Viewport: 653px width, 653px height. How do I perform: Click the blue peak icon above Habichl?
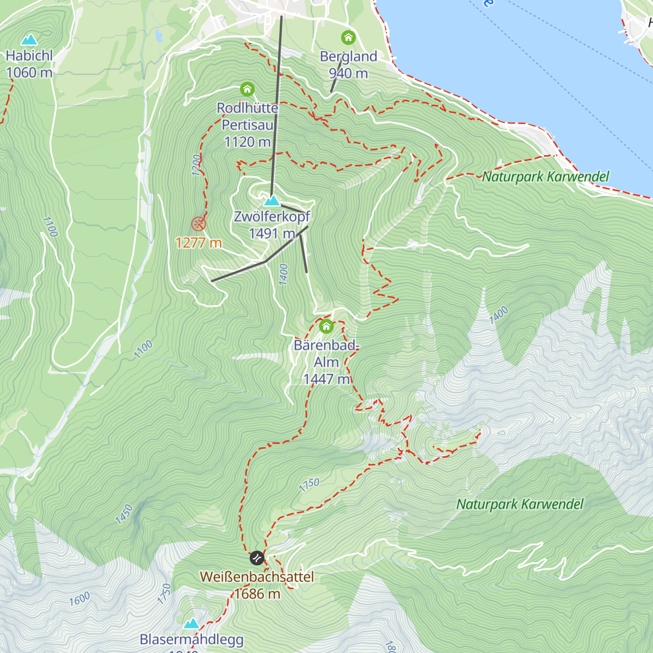tap(29, 40)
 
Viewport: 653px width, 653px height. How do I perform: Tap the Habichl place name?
tap(29, 56)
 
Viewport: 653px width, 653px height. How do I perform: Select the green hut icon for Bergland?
tap(348, 38)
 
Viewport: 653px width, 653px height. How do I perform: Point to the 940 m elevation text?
tap(348, 73)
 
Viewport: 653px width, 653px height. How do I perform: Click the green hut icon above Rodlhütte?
tap(247, 89)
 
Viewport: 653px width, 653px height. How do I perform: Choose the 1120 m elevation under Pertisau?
tap(247, 142)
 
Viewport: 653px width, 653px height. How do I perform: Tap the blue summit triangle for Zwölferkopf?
tap(272, 200)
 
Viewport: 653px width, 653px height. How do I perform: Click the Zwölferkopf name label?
tap(272, 217)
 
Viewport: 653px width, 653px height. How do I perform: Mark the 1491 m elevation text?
tap(272, 233)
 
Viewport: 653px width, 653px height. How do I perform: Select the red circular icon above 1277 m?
tap(199, 223)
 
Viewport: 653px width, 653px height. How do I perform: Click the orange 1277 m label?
tap(199, 243)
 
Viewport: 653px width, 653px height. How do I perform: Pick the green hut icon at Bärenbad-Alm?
tap(326, 326)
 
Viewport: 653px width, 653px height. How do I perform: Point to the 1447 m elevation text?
tap(326, 379)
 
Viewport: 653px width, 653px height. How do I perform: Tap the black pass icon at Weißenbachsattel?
tap(257, 558)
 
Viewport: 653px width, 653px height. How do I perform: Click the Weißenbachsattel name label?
tap(257, 577)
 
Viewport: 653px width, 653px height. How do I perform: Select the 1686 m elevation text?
tap(257, 594)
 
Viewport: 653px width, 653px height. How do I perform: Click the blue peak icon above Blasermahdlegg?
tap(191, 623)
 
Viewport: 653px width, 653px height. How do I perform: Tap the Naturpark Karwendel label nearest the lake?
tap(546, 177)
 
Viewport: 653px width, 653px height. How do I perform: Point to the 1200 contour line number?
tap(196, 165)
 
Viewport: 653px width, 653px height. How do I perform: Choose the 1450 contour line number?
tap(124, 514)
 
